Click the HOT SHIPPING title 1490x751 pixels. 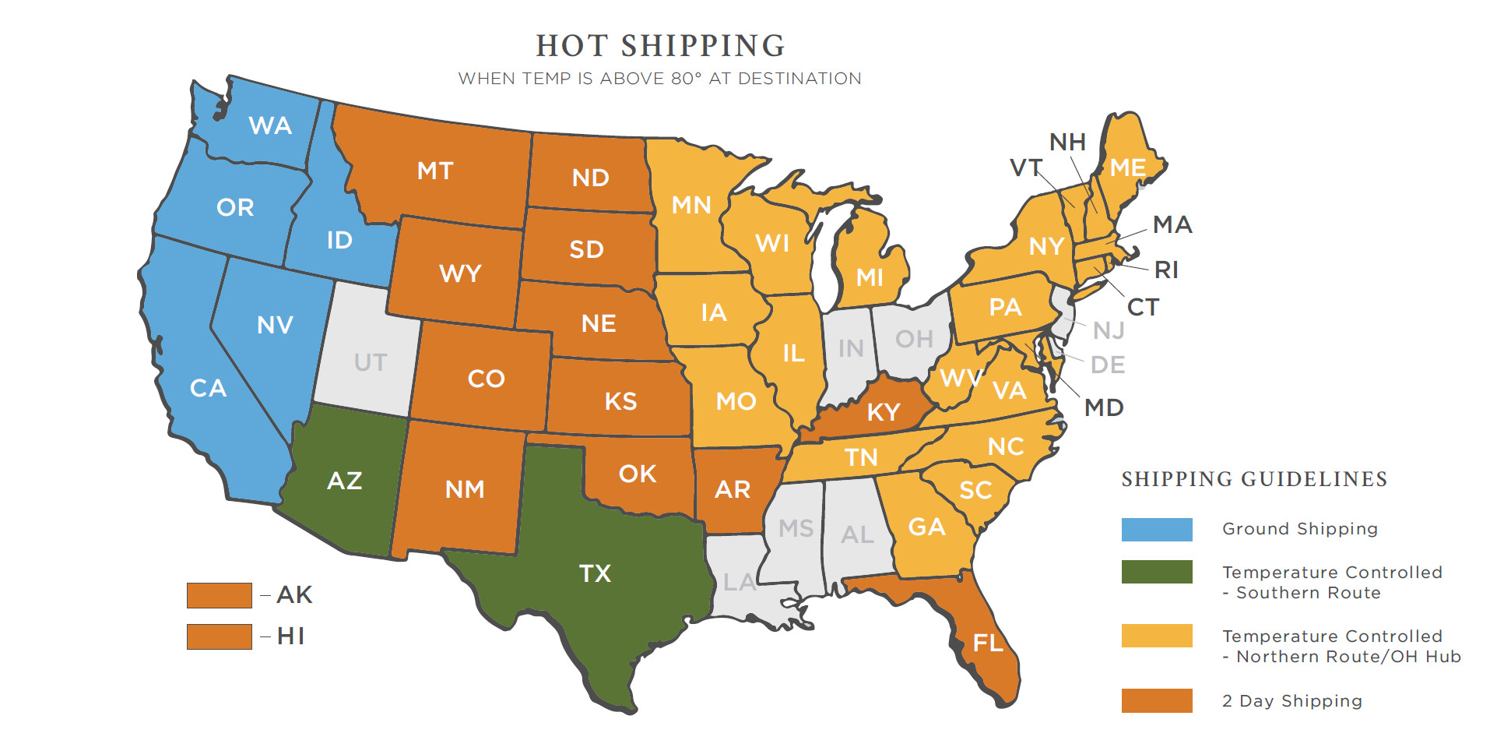coord(660,46)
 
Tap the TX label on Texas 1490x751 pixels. coord(595,574)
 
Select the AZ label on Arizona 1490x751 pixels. coord(345,481)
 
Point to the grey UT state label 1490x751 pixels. coord(370,363)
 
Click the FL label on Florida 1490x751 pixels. coord(988,643)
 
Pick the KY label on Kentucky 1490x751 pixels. coord(884,412)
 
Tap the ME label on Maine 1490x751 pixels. coord(1127,168)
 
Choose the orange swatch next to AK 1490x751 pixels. coord(219,595)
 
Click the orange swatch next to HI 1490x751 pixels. coord(219,636)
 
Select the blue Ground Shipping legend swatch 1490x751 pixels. coord(1156,530)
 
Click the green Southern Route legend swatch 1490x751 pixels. coord(1156,572)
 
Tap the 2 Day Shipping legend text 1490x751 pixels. coord(1292,701)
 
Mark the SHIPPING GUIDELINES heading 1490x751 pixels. coord(1254,479)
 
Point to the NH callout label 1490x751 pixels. coord(1067,143)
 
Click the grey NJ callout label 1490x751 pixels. coord(1109,331)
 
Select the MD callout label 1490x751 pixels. coord(1104,407)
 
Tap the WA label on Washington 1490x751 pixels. coord(270,126)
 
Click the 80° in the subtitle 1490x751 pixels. coord(686,79)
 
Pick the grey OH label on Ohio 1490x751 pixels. coord(914,340)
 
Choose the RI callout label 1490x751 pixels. coord(1166,270)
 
